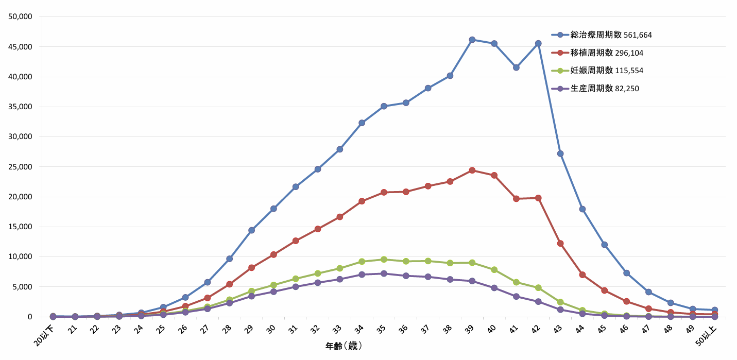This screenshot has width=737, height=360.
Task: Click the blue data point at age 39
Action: (472, 40)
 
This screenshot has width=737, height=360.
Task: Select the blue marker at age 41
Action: (516, 67)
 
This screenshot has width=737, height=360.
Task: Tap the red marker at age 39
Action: (472, 170)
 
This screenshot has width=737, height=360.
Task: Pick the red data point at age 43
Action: (560, 243)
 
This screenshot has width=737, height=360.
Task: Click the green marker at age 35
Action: (384, 259)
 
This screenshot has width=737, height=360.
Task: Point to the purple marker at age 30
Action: (273, 292)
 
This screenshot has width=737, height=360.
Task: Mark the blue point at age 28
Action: (229, 259)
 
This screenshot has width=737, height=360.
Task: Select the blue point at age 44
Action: (582, 209)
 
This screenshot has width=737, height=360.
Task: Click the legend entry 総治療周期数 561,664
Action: (611, 35)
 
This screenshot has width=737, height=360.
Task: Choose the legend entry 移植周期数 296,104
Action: (607, 53)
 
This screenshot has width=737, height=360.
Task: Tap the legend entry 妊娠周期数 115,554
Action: (607, 71)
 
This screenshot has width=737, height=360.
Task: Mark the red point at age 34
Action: (362, 201)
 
